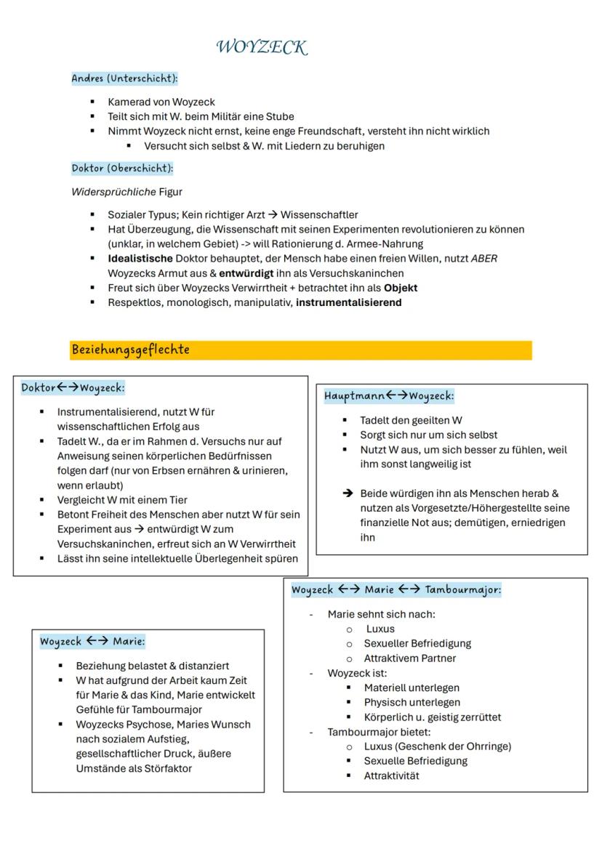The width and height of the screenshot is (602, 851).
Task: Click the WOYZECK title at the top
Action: (262, 48)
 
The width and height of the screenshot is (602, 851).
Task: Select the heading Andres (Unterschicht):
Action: (124, 78)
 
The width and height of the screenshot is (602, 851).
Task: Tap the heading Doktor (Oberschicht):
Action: (122, 169)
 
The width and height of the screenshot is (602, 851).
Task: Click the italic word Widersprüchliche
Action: (113, 192)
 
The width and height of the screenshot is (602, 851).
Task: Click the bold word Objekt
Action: (401, 288)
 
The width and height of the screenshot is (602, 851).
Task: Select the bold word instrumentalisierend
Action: (348, 302)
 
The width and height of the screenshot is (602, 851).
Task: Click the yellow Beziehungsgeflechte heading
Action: (131, 350)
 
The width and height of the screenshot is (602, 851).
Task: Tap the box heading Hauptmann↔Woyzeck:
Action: (389, 396)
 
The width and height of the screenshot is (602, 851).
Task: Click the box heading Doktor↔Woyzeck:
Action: (73, 388)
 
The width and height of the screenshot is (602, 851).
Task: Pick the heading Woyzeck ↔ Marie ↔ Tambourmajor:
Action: (396, 589)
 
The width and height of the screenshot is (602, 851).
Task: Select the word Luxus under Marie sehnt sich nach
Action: (380, 629)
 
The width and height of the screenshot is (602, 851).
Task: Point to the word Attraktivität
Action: (391, 775)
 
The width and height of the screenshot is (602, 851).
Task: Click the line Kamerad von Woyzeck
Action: (161, 102)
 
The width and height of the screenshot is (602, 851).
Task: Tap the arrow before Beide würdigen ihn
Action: (348, 493)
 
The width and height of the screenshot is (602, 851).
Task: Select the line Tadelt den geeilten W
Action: (411, 420)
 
